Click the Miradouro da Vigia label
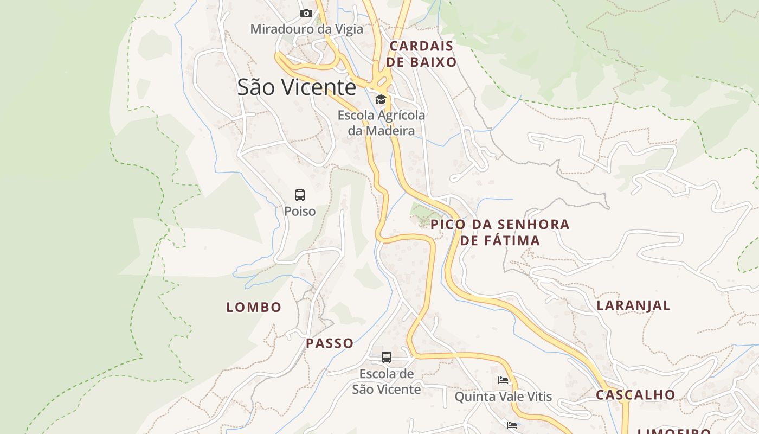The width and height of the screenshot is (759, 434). point(306,29)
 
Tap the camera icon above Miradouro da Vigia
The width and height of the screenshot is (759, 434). point(306,13)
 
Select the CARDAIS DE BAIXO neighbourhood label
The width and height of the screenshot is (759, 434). point(421,54)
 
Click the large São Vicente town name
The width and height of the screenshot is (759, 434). point(297,87)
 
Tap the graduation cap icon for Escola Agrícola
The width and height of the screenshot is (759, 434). point(381,99)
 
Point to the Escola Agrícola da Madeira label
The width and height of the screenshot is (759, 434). point(381,123)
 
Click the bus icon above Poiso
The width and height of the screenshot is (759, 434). point(300,195)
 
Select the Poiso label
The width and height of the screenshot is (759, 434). point(300,211)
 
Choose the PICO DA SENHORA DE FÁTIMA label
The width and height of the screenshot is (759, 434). point(500,232)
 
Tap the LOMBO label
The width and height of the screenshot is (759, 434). point(254,307)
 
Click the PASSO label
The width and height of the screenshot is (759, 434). point(330,343)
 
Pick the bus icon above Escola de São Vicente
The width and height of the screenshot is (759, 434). point(387,358)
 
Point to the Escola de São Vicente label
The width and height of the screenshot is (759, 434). point(387,381)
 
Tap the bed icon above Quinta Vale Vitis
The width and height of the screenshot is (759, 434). point(503,380)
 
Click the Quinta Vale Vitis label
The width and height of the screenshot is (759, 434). point(503,397)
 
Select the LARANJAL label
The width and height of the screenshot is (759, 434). point(633,305)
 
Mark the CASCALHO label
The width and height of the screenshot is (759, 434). point(635,395)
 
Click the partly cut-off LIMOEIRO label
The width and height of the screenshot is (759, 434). point(674,431)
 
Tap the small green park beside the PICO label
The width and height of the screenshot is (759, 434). point(420,213)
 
